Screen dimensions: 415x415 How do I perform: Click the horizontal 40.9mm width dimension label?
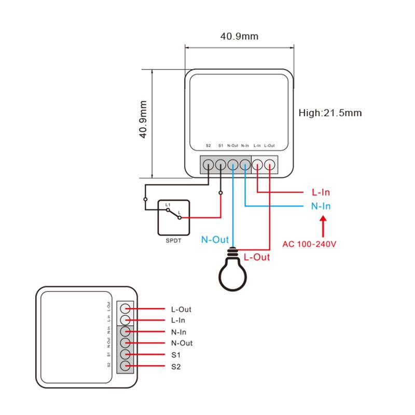239,36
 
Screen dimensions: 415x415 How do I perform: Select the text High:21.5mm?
330,113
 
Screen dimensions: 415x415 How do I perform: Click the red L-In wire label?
321,192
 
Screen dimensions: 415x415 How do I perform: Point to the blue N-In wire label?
321,206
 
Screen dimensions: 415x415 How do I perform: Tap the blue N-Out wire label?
215,240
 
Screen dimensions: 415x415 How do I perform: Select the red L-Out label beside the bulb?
256,257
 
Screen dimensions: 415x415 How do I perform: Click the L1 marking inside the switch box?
168,206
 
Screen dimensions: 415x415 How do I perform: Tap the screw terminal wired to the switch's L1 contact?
208,165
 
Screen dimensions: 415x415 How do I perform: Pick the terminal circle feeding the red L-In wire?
258,165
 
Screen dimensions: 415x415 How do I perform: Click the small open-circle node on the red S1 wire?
220,193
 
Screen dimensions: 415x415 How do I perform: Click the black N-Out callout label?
182,343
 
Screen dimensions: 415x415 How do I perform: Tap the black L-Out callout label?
181,309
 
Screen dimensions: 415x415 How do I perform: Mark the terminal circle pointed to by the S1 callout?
125,355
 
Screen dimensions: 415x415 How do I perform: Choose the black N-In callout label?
178,332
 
